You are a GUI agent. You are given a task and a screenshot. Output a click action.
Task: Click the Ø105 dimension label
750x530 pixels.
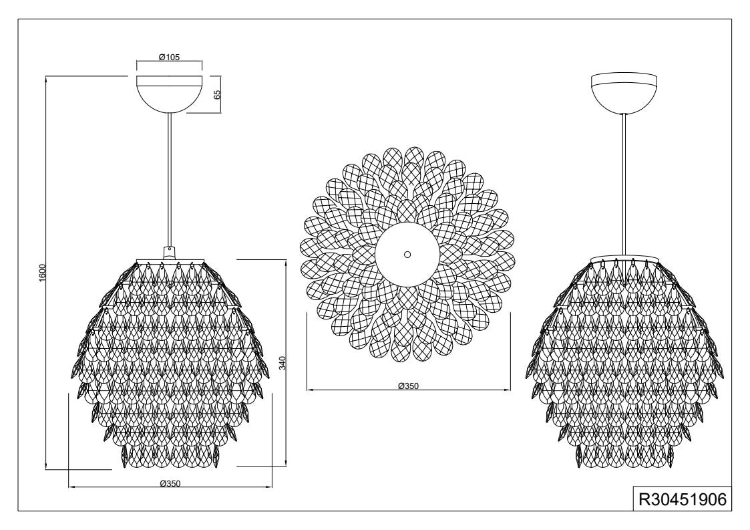169,57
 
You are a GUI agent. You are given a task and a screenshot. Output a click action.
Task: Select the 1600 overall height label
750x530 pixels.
42,273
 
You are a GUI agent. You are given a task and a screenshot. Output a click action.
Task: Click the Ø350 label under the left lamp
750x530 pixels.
170,483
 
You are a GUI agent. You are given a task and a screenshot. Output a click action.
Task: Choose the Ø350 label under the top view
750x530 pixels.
407,386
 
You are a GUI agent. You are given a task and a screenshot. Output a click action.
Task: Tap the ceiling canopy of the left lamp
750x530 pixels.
169,94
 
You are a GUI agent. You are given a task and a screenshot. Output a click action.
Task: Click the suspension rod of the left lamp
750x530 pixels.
170,180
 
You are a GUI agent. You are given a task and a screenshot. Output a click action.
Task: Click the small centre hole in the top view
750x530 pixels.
407,255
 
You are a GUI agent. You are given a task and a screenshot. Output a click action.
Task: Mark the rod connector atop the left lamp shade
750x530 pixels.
170,253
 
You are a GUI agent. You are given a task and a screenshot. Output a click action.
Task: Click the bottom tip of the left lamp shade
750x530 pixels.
170,466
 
